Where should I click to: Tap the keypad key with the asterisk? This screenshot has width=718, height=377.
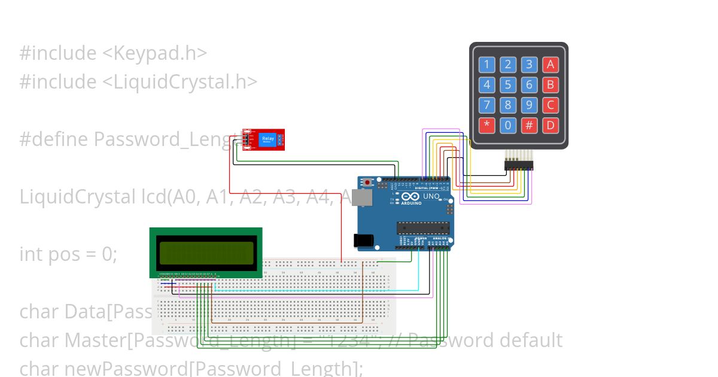[486, 126]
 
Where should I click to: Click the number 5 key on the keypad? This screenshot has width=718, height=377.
[508, 85]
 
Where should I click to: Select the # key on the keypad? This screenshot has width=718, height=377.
[529, 126]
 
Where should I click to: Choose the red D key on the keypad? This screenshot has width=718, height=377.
[550, 126]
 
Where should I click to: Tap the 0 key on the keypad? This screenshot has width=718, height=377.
[508, 126]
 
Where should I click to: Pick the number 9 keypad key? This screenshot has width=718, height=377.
[529, 105]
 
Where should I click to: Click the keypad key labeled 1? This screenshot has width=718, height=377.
[486, 65]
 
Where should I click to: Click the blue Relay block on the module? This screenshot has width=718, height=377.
[267, 139]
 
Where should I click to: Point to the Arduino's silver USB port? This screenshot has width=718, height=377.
[361, 198]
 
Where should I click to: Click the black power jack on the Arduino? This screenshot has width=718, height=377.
[364, 241]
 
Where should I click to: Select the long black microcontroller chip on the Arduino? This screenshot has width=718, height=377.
[423, 227]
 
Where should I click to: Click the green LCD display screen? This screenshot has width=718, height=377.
[205, 253]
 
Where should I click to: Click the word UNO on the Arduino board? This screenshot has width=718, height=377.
[431, 196]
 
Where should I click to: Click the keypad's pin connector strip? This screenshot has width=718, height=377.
[518, 165]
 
